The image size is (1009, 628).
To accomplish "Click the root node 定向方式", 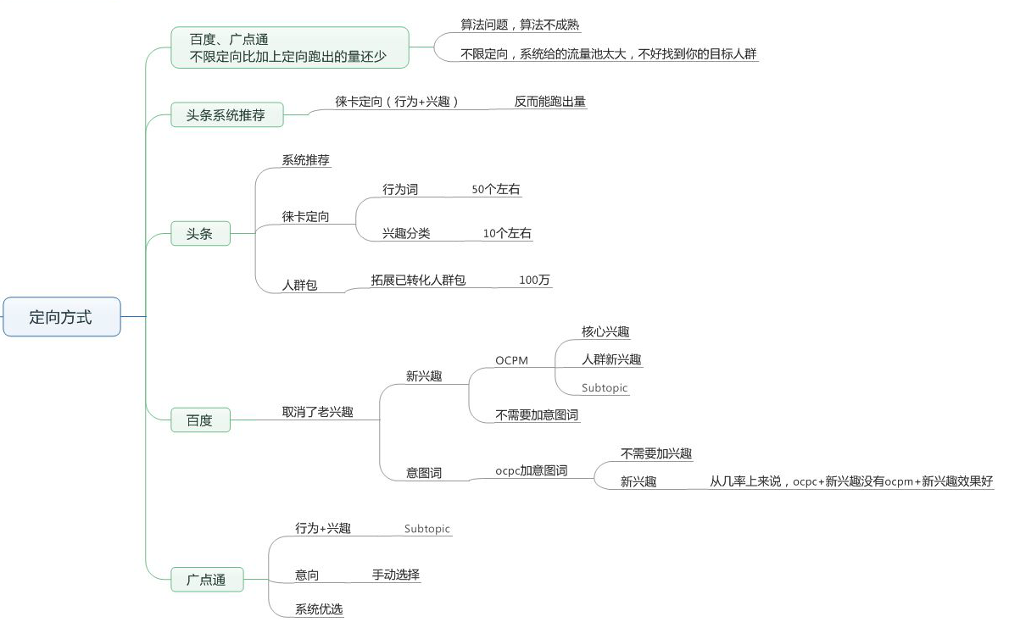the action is point(62,317).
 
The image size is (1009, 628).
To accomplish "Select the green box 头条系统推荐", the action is point(226,115).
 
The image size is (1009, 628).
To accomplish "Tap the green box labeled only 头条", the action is point(200,234).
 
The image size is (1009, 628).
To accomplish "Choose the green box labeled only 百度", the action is point(200,420).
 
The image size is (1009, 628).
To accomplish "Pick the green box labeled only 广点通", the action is point(207,580).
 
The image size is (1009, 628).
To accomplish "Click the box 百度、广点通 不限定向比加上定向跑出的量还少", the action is point(290,47).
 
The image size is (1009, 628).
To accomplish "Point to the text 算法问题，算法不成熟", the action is point(520,25).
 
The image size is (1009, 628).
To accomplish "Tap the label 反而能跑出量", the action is point(550,101).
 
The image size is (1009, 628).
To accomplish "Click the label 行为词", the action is point(400,189).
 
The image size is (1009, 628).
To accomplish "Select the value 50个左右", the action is point(495,189).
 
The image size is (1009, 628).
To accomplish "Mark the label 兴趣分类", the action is point(406,233).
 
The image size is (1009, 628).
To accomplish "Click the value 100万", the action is point(535,280).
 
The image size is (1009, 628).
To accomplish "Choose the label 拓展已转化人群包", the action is point(418,280).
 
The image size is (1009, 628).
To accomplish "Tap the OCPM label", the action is point(511,360).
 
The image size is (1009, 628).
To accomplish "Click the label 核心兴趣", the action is point(605,331).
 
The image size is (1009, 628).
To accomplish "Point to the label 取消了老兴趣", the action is point(318,412).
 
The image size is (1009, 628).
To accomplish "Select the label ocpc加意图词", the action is point(532,470).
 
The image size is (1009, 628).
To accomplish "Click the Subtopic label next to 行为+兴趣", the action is point(427,528).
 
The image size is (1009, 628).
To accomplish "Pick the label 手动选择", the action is point(396,575).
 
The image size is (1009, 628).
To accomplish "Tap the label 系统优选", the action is point(319,609).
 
